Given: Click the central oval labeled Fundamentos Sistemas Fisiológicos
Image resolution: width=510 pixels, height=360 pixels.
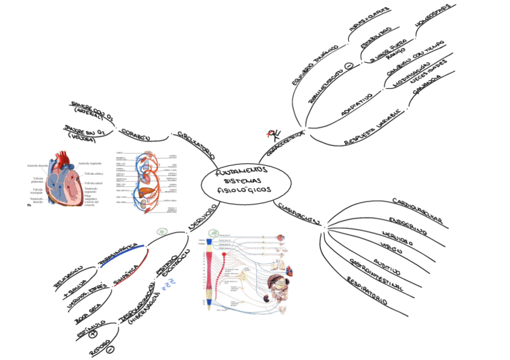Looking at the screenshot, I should (x=246, y=181).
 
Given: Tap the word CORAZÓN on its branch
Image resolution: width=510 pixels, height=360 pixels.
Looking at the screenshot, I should (x=135, y=132).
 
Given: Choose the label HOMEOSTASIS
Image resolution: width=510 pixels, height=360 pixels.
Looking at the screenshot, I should (x=432, y=19).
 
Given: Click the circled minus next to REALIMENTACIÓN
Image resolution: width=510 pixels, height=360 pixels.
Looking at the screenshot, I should (x=349, y=64).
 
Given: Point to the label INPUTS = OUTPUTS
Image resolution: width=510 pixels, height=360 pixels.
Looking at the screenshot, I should (x=368, y=20).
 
